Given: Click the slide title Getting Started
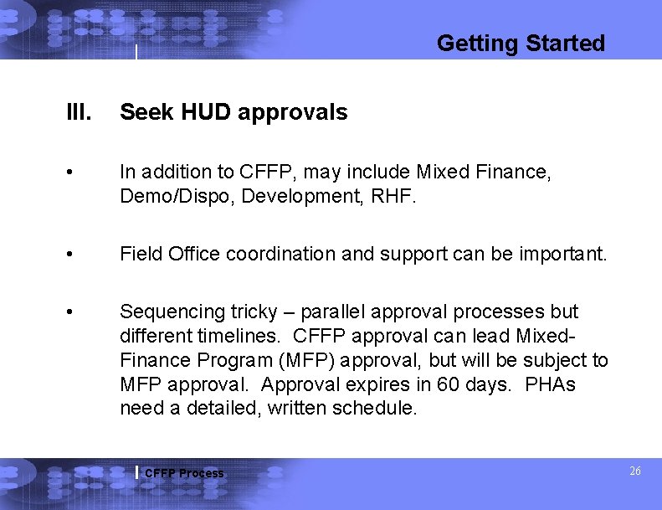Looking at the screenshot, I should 521,43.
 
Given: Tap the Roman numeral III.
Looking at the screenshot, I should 80,112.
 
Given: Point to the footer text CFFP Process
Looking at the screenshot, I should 184,473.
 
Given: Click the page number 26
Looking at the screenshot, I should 634,471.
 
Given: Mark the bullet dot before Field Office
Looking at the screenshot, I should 76,255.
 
